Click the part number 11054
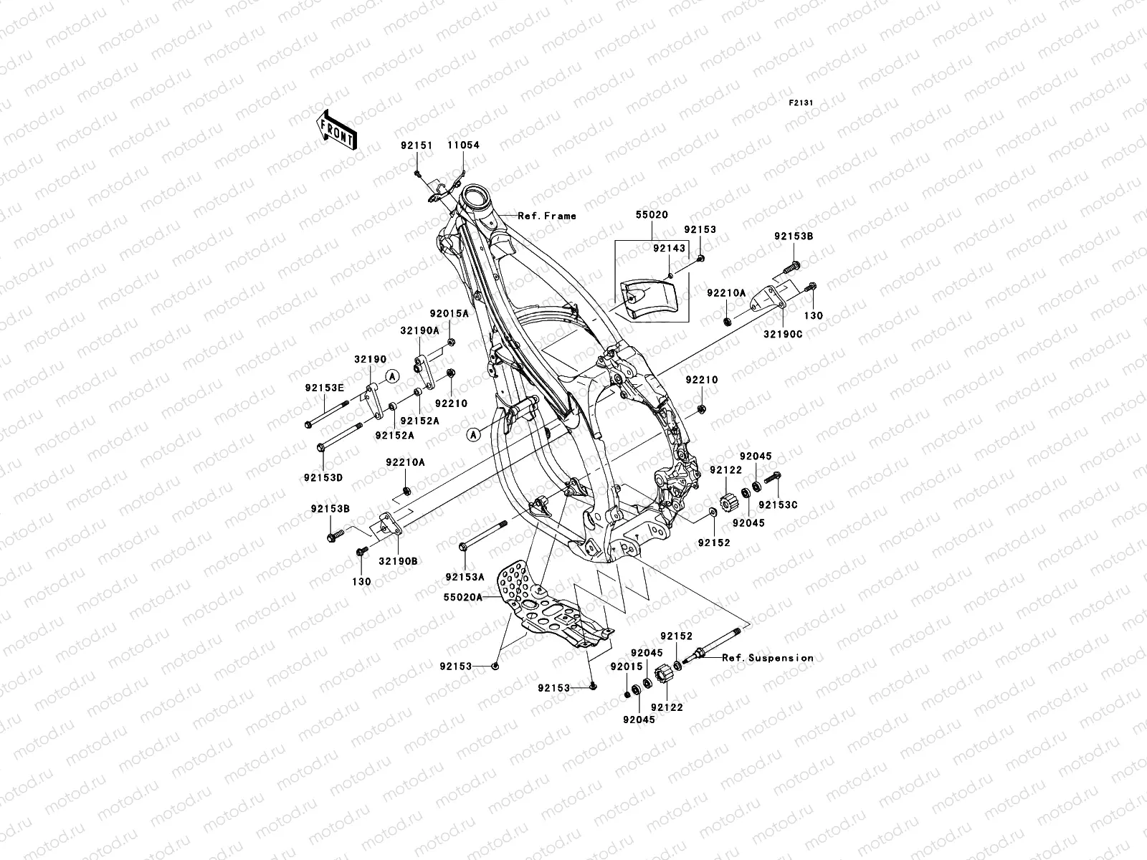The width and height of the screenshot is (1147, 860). (x=463, y=145)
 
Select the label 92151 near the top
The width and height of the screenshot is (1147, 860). (x=417, y=145)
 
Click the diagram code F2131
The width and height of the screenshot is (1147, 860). (x=801, y=103)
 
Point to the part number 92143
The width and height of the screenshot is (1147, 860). (x=667, y=249)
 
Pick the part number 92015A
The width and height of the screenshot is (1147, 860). (x=449, y=314)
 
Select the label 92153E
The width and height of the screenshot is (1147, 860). (x=324, y=388)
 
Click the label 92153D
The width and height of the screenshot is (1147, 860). (x=323, y=477)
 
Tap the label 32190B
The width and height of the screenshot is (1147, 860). (x=398, y=562)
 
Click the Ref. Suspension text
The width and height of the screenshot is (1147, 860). (x=768, y=658)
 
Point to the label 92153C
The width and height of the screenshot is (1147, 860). (x=778, y=505)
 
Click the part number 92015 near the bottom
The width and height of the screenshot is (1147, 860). (x=624, y=666)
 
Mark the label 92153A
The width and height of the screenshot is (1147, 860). (x=465, y=577)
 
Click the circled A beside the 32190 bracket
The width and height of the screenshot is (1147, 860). (x=391, y=376)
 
